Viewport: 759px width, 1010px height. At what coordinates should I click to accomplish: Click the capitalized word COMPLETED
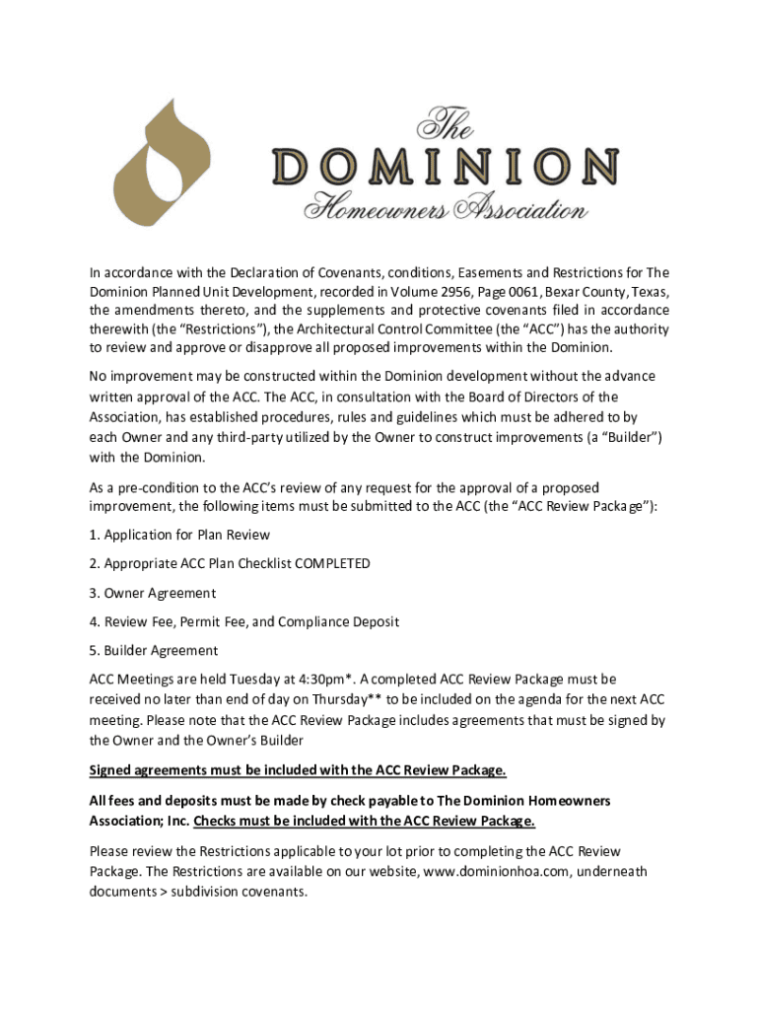[x=322, y=563]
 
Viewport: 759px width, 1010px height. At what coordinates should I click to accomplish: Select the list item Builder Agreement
[x=154, y=651]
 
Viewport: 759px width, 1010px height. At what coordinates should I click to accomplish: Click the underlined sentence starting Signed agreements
[x=298, y=770]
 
